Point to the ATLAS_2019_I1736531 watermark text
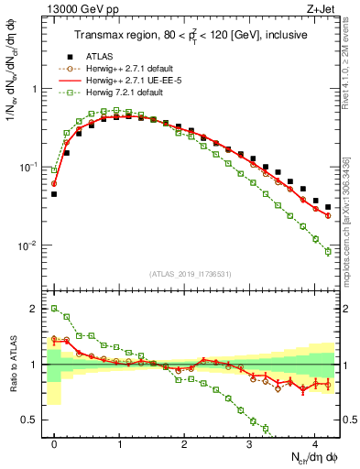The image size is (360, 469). (x=191, y=273)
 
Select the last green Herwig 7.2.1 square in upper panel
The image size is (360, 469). (x=328, y=252)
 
